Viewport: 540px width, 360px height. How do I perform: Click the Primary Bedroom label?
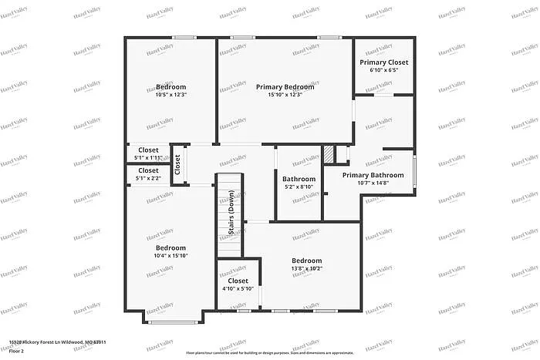click(285, 87)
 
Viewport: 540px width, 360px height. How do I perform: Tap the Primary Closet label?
click(383, 62)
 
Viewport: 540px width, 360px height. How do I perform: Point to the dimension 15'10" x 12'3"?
click(285, 96)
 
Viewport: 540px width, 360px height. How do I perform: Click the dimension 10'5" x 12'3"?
click(171, 96)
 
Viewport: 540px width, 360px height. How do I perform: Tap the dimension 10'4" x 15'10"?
click(171, 256)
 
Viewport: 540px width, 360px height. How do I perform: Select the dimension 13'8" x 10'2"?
click(306, 269)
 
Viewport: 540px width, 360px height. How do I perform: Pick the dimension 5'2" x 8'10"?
click(298, 187)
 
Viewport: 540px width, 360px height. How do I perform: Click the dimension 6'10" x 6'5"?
click(383, 71)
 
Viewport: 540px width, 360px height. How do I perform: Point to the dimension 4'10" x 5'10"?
click(238, 289)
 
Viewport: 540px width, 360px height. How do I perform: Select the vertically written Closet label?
click(177, 163)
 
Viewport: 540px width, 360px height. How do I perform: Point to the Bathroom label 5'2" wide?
click(298, 178)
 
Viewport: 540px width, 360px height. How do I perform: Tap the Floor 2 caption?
click(17, 351)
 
